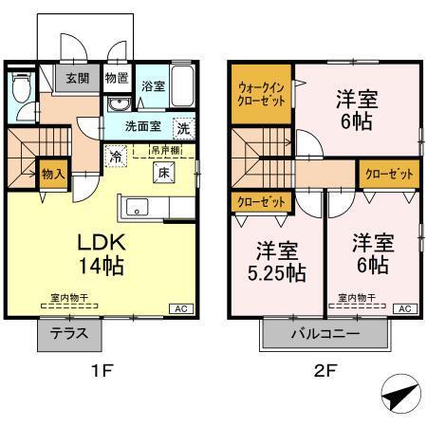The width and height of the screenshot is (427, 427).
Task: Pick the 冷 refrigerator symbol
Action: pyautogui.click(x=115, y=158)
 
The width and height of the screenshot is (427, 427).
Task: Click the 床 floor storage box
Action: pyautogui.click(x=162, y=172)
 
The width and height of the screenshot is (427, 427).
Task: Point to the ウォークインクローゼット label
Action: pyautogui.click(x=259, y=95)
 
